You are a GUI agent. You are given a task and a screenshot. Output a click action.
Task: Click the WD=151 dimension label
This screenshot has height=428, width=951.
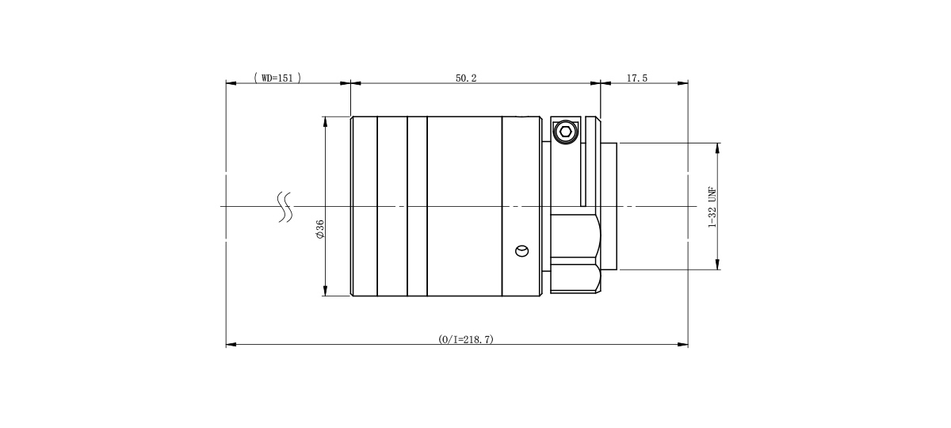pyautogui.click(x=277, y=78)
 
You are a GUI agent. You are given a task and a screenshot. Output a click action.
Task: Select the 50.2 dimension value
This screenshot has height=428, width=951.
pyautogui.click(x=466, y=78)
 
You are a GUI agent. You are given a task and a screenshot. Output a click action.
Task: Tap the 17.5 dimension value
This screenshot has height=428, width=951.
pyautogui.click(x=637, y=78)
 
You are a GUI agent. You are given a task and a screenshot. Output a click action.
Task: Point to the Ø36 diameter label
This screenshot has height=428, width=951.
pyautogui.click(x=320, y=229)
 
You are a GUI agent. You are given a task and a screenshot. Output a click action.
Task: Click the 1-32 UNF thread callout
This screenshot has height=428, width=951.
pyautogui.click(x=712, y=207)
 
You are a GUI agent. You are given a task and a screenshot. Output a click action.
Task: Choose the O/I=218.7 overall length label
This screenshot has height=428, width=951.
pyautogui.click(x=466, y=339)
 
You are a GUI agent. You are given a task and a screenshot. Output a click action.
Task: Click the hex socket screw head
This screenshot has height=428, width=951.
pyautogui.click(x=565, y=132)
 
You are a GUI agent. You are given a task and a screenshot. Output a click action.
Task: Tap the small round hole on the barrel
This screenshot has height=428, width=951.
pyautogui.click(x=521, y=251)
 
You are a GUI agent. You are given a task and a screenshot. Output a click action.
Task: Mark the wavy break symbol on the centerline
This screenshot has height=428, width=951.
pyautogui.click(x=285, y=207)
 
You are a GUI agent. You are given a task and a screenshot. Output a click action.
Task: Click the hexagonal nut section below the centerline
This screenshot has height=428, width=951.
pyautogui.click(x=575, y=254)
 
